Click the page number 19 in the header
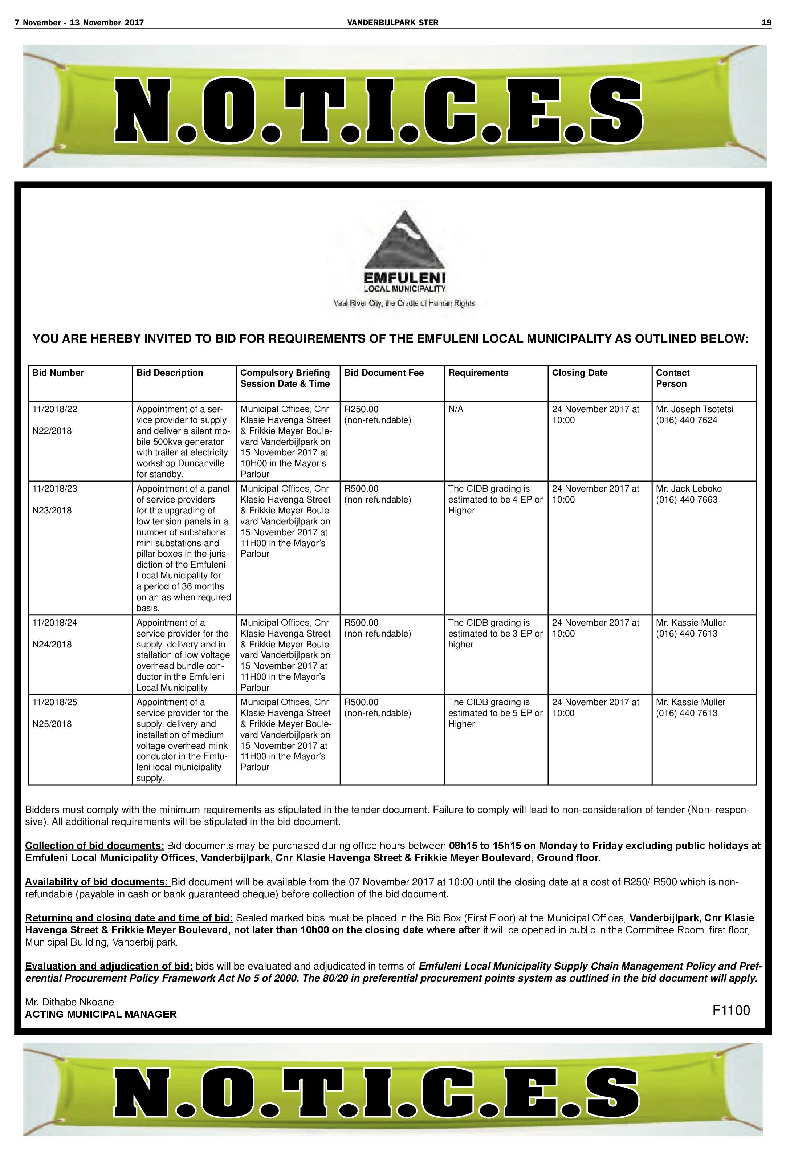[x=766, y=23]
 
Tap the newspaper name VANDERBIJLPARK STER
[x=392, y=23]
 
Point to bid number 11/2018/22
[x=55, y=409]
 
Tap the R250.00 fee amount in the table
[x=361, y=409]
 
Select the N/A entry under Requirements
[x=455, y=409]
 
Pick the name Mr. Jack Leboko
[x=688, y=489]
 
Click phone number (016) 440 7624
[x=687, y=420]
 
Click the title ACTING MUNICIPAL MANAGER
[x=101, y=1015]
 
